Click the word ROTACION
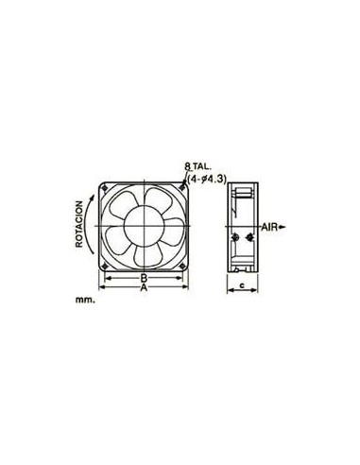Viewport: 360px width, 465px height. click(x=79, y=224)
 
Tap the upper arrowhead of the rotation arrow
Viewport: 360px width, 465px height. click(x=93, y=198)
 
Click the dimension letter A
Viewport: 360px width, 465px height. click(x=144, y=287)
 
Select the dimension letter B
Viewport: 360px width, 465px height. click(x=144, y=278)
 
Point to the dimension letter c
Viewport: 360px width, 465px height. click(x=242, y=285)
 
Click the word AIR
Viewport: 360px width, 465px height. click(x=269, y=227)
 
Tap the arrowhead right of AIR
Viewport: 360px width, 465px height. click(x=283, y=227)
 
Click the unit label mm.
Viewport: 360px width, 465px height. click(x=85, y=300)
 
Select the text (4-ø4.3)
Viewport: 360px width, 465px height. click(x=207, y=180)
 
